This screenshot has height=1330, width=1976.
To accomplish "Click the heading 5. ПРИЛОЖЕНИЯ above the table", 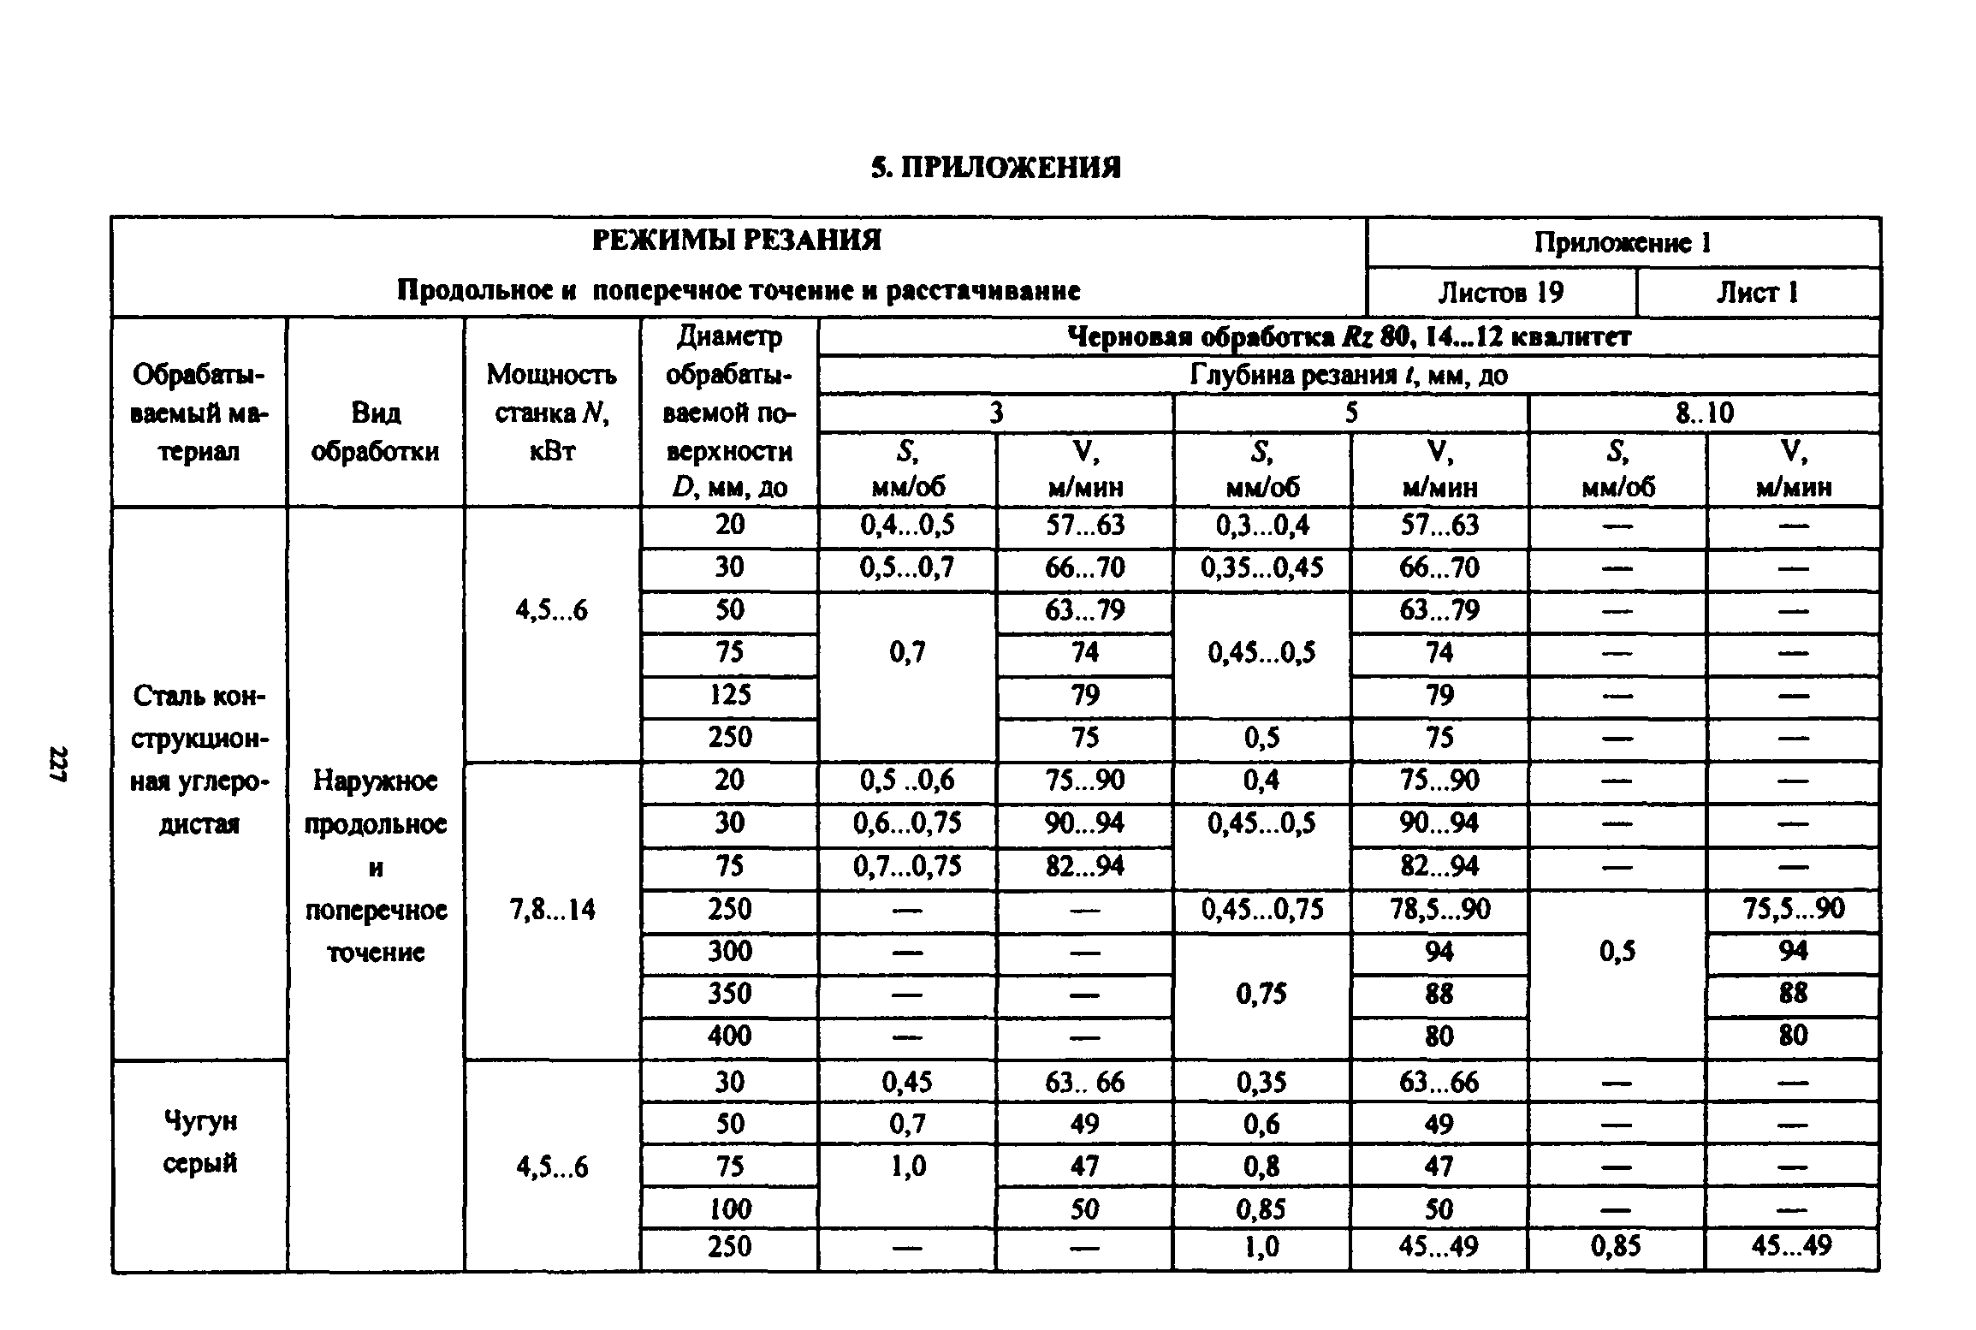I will [x=996, y=168].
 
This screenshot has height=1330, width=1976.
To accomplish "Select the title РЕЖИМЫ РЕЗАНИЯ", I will [x=737, y=240].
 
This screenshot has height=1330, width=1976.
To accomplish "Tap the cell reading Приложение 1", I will [x=1623, y=243].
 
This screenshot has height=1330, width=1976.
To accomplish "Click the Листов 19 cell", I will [x=1500, y=293].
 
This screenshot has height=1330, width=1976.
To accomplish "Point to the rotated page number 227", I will [x=58, y=764].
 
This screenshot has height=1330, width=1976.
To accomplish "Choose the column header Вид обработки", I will [x=375, y=432].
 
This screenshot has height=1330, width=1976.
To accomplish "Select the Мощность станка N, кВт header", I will [x=551, y=413].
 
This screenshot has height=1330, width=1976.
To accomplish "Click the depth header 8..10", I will [x=1704, y=413].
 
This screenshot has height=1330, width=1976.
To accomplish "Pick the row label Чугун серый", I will [x=199, y=1143].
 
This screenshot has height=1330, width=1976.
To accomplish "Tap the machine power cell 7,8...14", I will [x=551, y=910].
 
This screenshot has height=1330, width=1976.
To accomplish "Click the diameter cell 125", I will [x=729, y=695].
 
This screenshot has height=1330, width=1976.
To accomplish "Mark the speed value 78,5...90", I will [x=1439, y=910].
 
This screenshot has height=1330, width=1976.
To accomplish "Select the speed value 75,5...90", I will [x=1793, y=910].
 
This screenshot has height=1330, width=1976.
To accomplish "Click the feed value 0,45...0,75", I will [x=1262, y=910].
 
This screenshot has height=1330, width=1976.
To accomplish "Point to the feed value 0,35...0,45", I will [x=1262, y=568].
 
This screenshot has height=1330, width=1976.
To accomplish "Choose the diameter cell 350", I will [x=729, y=995].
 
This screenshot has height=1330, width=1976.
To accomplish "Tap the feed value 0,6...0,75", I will [x=907, y=823].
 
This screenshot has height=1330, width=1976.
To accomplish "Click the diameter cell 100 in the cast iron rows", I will [x=729, y=1209].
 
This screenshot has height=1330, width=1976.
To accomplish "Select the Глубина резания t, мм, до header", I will [x=1349, y=375].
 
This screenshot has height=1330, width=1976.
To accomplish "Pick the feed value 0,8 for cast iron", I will [x=1262, y=1167].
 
